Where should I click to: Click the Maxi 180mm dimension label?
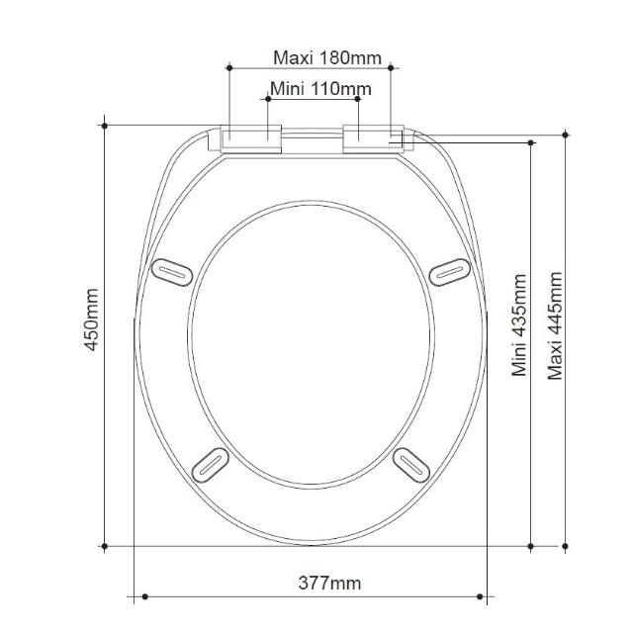[327, 57]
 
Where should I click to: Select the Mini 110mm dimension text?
[320, 89]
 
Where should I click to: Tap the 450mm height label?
[92, 319]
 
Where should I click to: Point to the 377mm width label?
[329, 583]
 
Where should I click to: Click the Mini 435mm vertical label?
[519, 325]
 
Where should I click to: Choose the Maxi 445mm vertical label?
[555, 325]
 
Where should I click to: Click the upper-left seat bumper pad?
[172, 272]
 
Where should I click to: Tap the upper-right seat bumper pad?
[449, 272]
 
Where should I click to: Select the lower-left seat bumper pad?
[211, 465]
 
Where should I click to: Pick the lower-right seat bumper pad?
[411, 465]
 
